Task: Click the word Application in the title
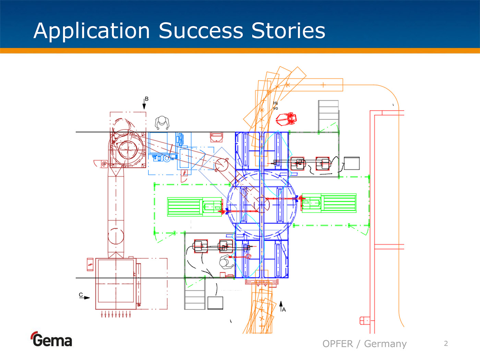[x=92, y=31]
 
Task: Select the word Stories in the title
[x=288, y=31]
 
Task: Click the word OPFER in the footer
[x=338, y=344]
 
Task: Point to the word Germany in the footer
[x=385, y=344]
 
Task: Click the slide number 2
[x=446, y=344]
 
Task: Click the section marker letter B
[x=147, y=99]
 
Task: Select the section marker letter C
[x=81, y=295]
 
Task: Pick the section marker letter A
[x=284, y=310]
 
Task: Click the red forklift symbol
[x=287, y=119]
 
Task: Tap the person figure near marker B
[x=162, y=122]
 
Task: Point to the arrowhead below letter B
[x=144, y=106]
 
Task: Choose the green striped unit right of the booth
[x=339, y=203]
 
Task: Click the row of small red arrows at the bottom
[x=116, y=314]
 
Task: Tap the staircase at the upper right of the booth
[x=328, y=115]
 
